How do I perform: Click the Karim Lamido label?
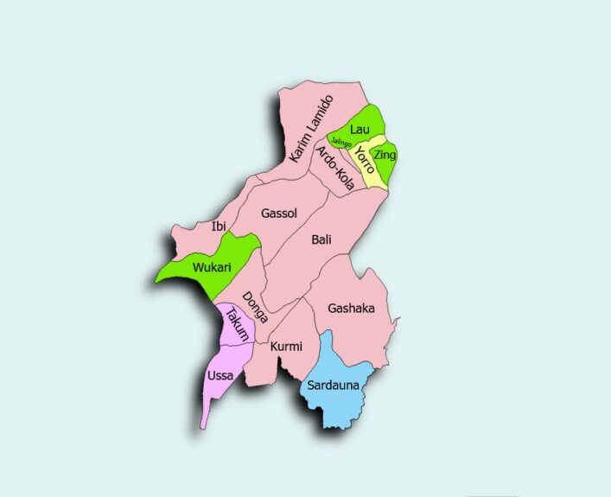pyautogui.click(x=310, y=130)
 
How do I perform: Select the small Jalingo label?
pyautogui.click(x=341, y=143)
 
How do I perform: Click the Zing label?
pyautogui.click(x=385, y=154)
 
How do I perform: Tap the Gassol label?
pyautogui.click(x=279, y=212)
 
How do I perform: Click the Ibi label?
pyautogui.click(x=218, y=226)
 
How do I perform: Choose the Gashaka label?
pyautogui.click(x=351, y=308)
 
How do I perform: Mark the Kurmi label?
pyautogui.click(x=286, y=347)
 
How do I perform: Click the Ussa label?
pyautogui.click(x=220, y=376)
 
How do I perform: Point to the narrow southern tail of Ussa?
pyautogui.click(x=205, y=415)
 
